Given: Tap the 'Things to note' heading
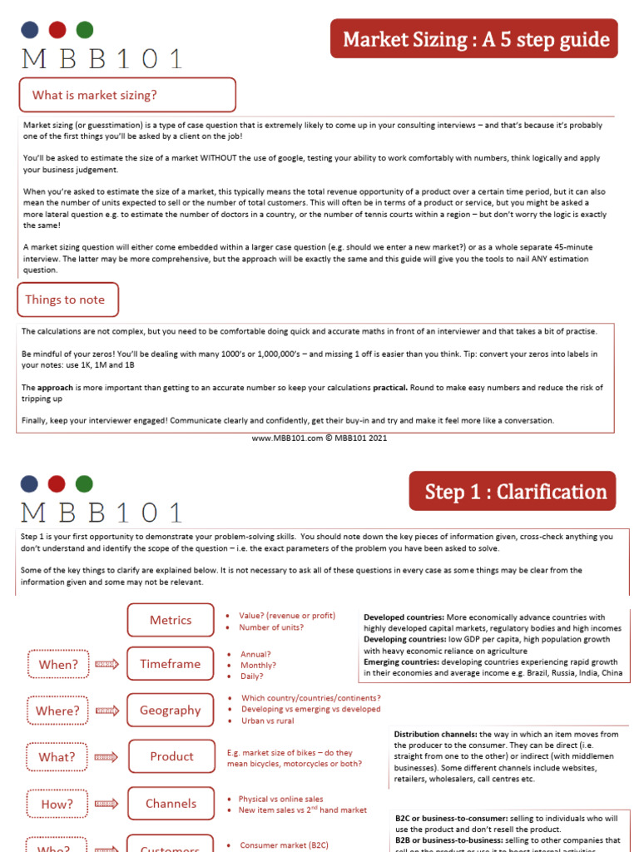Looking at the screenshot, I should coord(67,300).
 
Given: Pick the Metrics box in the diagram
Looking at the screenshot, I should coord(171,620).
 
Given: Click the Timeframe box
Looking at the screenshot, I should coord(170,664).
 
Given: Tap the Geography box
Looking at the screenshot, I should coord(171,710).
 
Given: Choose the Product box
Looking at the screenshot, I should coord(171,756).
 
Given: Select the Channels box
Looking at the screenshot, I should coord(171,804).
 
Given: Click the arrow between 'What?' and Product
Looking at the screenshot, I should coord(106,757).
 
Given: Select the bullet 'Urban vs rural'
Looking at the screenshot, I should coord(267,721).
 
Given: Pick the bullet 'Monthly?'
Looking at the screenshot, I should coord(258,665).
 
